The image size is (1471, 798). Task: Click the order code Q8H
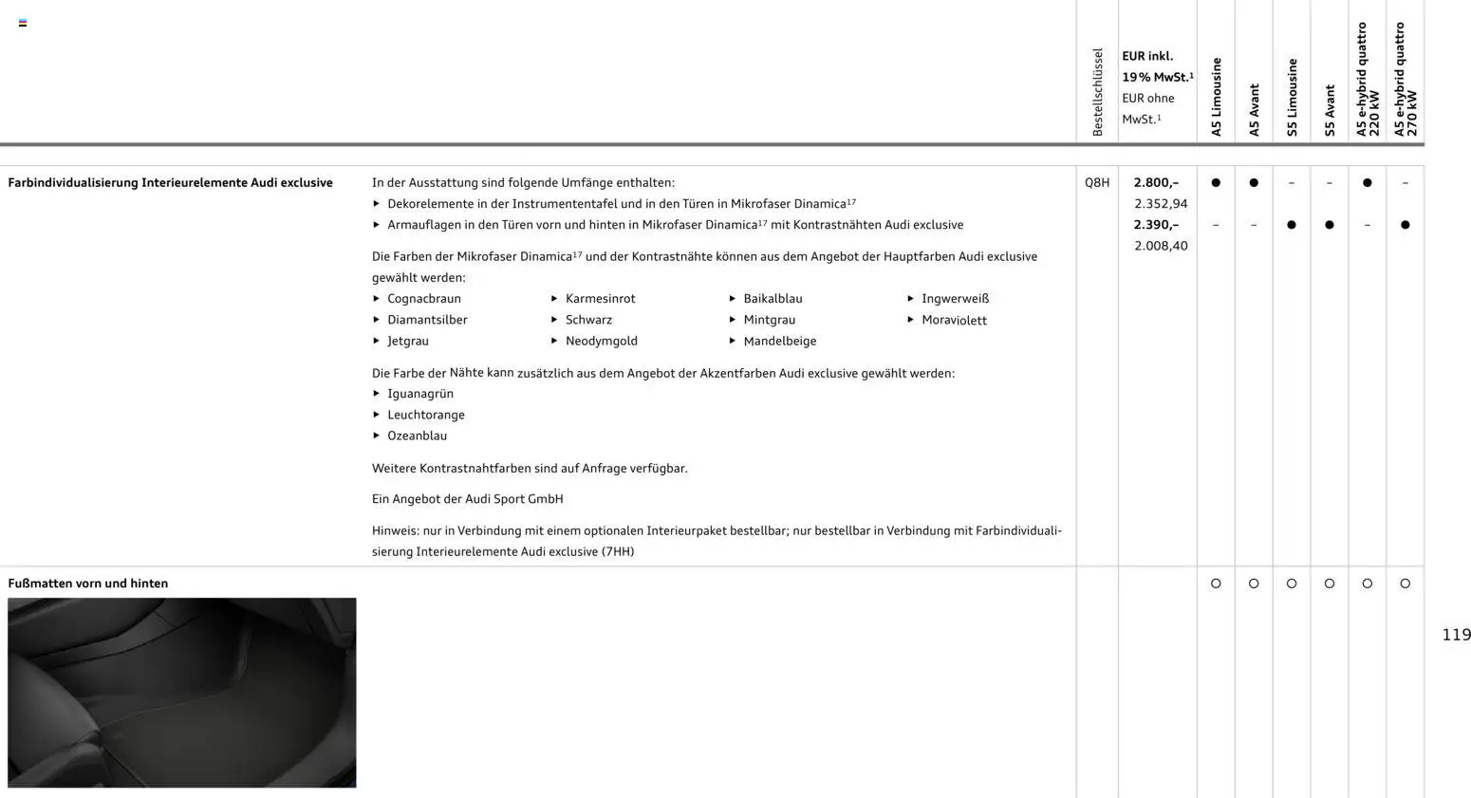click(x=1096, y=183)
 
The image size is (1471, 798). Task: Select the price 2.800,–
click(x=1156, y=183)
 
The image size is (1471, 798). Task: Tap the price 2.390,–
click(x=1156, y=225)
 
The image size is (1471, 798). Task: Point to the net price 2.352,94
click(x=1160, y=204)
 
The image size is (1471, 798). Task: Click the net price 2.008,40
click(x=1160, y=246)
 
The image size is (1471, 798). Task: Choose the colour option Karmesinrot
click(x=600, y=299)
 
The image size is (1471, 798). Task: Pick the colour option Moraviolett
click(x=954, y=321)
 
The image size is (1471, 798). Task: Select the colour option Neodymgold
click(x=601, y=342)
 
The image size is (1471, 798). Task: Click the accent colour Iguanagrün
click(x=419, y=394)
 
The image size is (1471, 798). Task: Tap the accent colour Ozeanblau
click(x=417, y=436)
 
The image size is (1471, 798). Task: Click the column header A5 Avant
click(x=1254, y=110)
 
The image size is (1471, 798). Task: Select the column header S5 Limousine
click(x=1292, y=98)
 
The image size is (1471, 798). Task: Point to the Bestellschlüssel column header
click(x=1097, y=92)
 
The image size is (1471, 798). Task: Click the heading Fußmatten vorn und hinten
click(x=88, y=584)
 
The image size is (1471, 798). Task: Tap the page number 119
click(x=1456, y=635)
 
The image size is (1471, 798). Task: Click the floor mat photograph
click(x=182, y=693)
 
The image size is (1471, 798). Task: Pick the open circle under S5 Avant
click(x=1329, y=584)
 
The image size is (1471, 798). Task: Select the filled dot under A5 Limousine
click(x=1216, y=183)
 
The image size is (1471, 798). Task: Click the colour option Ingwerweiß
click(x=955, y=299)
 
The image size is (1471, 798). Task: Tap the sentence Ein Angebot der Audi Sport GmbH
click(x=467, y=499)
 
